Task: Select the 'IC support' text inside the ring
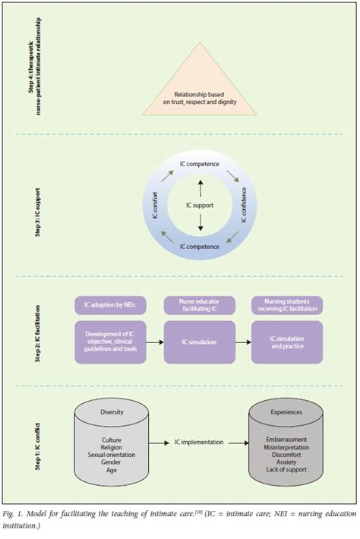[x=200, y=205]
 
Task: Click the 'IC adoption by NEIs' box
[x=109, y=304]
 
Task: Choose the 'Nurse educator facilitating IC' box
[x=201, y=304]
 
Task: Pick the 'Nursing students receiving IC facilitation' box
[x=286, y=304]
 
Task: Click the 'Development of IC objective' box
[x=109, y=342]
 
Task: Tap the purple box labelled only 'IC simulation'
[x=201, y=342]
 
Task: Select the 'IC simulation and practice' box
[x=286, y=342]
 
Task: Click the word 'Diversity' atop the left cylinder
[x=112, y=413]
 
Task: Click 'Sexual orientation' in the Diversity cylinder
[x=112, y=454]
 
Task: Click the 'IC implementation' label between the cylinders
[x=199, y=440]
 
